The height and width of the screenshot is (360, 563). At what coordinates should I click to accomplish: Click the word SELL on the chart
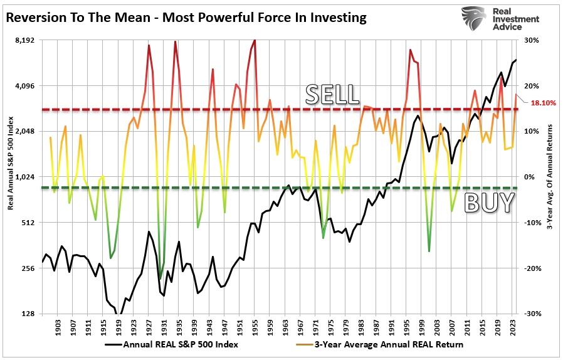[332, 94]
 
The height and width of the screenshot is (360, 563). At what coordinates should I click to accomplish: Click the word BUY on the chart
[489, 203]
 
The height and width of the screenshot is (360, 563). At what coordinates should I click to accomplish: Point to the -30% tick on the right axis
[532, 314]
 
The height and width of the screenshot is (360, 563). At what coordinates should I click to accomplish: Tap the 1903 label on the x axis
[58, 327]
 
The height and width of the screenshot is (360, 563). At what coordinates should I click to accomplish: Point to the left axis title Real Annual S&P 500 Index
[11, 177]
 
